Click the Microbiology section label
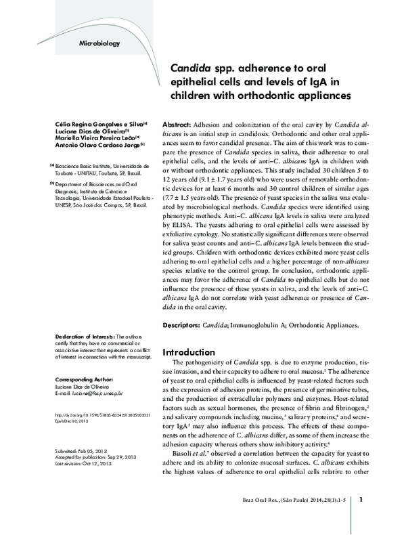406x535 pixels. [99, 44]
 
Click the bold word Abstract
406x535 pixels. [179, 127]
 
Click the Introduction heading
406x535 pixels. [190, 352]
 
